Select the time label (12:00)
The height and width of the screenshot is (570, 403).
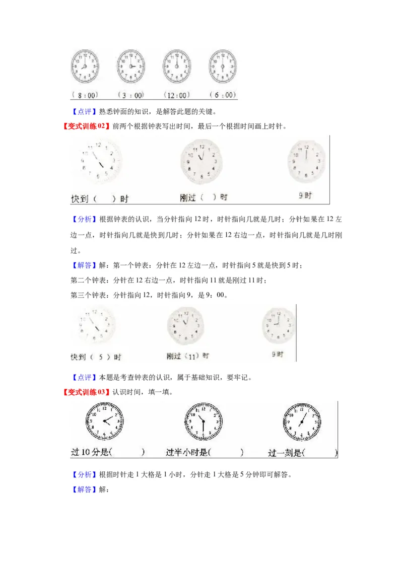(x=176, y=95)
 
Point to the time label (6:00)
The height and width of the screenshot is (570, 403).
(x=222, y=95)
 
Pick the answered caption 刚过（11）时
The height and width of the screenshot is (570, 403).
(x=187, y=355)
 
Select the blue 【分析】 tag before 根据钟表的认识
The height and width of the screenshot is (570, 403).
(x=80, y=219)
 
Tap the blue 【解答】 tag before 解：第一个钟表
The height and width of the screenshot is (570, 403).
(x=80, y=265)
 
